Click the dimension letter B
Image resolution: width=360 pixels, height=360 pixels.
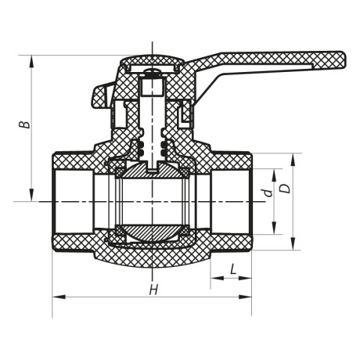pos(26,125)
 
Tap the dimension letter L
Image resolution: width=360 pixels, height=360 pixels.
pos(233,270)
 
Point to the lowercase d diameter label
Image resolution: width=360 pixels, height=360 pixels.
pos(266,191)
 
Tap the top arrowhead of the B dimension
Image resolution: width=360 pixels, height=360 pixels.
pos(32,58)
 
